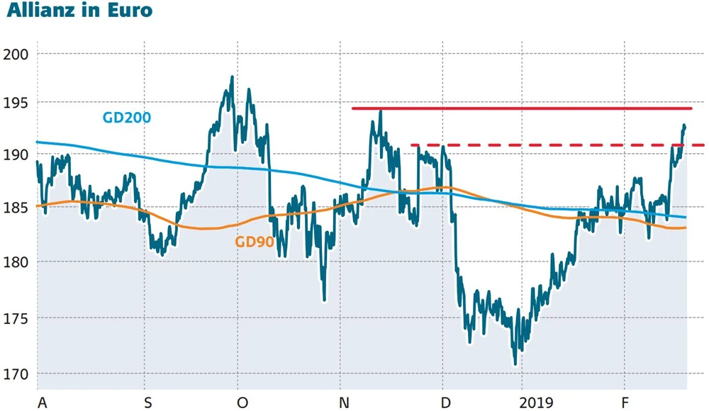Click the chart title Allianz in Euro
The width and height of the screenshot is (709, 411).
77,12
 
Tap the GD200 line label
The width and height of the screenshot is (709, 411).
126,118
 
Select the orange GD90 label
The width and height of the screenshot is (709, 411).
255,242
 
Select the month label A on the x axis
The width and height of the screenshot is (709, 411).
42,403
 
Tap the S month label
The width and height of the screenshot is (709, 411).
147,403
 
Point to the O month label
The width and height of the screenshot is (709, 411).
242,403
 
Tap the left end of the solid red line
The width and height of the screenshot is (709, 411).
353,108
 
